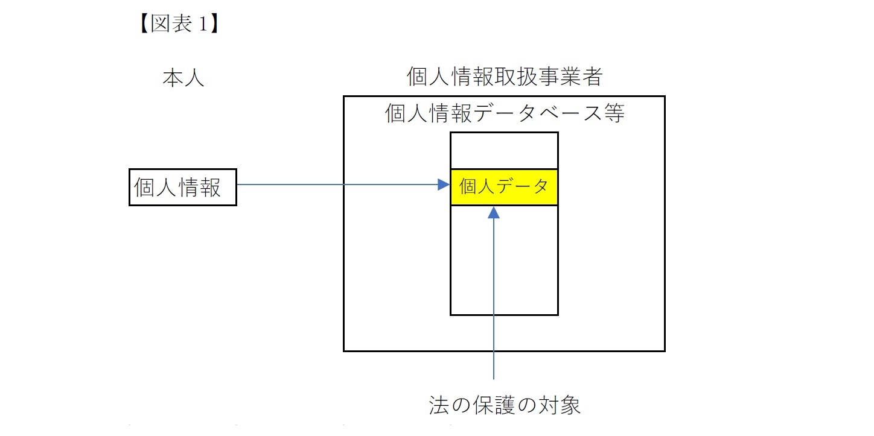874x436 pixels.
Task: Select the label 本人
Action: [183, 78]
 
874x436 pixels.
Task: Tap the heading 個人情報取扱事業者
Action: [505, 77]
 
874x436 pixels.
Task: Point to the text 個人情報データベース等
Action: [505, 113]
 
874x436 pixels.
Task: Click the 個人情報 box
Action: [182, 188]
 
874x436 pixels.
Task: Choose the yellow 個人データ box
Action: [504, 188]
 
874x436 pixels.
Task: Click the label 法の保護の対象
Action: [504, 405]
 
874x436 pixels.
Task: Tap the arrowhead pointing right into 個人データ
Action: [444, 185]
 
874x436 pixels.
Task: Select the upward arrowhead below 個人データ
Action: [494, 212]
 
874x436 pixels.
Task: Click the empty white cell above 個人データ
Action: [504, 151]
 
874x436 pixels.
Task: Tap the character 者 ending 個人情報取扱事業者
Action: [593, 77]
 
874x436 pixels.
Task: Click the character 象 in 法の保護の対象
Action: [569, 405]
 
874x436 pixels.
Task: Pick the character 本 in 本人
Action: [173, 78]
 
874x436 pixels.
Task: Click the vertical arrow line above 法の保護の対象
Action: [494, 302]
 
